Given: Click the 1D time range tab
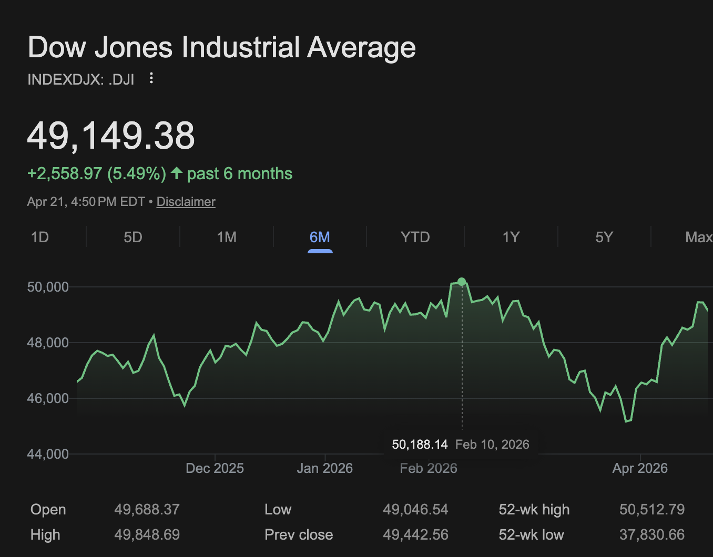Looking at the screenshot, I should tap(40, 238).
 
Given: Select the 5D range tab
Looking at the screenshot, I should tap(133, 238).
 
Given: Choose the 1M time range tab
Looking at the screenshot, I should tap(227, 238).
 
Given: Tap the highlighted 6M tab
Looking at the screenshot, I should tap(320, 238).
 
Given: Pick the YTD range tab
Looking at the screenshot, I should tap(415, 238).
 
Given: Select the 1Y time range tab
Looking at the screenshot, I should tap(511, 238).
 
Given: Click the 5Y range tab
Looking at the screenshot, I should tap(604, 238).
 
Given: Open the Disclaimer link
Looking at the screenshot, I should tap(186, 202).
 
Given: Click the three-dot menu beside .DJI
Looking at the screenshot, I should tap(151, 78).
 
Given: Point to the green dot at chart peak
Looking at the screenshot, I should tap(462, 282).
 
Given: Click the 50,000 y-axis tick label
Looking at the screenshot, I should tap(48, 287).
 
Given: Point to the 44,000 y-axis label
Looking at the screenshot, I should tap(48, 454).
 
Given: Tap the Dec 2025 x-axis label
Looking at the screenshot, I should tap(215, 468).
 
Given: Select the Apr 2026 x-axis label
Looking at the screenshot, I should tap(640, 468).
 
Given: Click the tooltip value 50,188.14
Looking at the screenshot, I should tap(420, 445).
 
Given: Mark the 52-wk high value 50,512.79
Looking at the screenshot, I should tap(652, 510).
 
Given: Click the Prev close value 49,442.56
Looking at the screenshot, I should tap(415, 535).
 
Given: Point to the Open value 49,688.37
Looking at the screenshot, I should tap(147, 510).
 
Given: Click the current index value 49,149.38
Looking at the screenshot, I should tap(111, 136).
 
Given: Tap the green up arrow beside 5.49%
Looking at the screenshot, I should tap(177, 173).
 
